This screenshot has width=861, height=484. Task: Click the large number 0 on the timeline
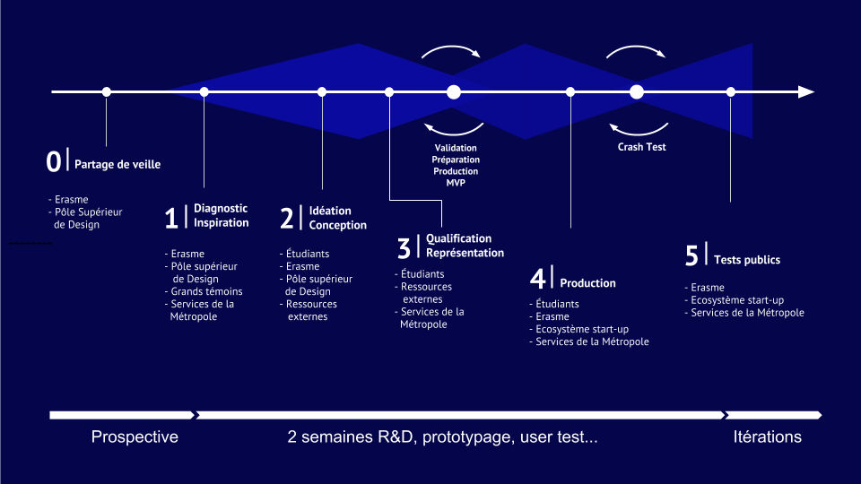54,161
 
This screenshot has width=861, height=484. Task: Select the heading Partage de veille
117,165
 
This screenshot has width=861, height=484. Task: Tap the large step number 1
171,218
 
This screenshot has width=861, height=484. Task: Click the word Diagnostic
221,209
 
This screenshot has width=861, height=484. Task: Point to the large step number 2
287,219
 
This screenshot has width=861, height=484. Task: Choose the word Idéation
330,211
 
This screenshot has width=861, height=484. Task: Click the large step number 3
404,247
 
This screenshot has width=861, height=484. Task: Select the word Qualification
458,238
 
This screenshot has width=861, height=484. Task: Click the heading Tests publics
747,260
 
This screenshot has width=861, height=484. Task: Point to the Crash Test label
641,147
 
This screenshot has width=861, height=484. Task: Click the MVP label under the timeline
456,183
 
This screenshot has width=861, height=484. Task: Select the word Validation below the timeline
456,148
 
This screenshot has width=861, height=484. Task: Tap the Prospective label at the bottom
135,437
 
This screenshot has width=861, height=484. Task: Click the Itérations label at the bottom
767,437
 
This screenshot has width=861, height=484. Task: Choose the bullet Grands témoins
206,291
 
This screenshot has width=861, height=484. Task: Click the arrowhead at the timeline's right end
806,91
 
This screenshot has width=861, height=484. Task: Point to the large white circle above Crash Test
637,91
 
